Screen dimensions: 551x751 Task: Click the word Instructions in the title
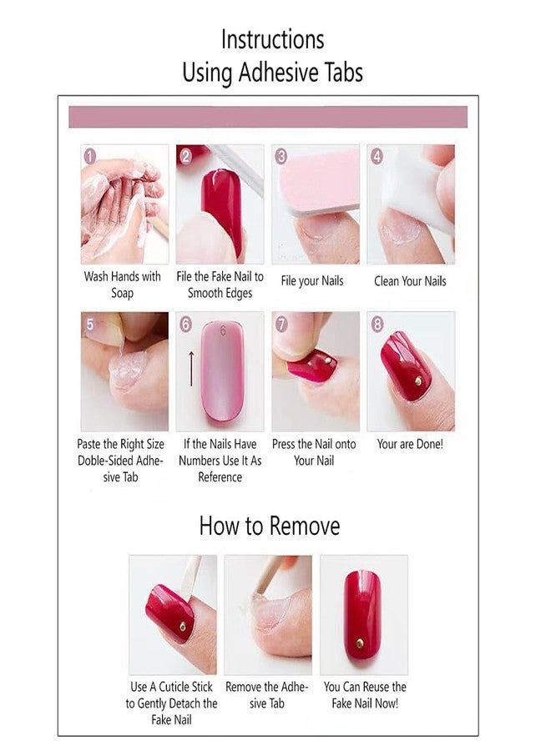[272, 40]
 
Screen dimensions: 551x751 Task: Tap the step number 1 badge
[90, 156]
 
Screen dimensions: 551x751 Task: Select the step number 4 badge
[377, 156]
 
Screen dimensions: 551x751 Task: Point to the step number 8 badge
[377, 325]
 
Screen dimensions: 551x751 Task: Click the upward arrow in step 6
[191, 368]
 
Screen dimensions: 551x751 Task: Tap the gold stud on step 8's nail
[418, 381]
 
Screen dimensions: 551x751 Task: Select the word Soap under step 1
[122, 293]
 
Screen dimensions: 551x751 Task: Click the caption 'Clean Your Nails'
[410, 281]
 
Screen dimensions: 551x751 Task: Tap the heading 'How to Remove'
[270, 526]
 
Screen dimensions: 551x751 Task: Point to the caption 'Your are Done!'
[410, 444]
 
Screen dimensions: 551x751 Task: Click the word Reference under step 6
[220, 477]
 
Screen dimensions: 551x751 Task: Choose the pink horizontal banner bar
[268, 117]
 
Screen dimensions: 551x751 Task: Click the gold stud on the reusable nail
[360, 643]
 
